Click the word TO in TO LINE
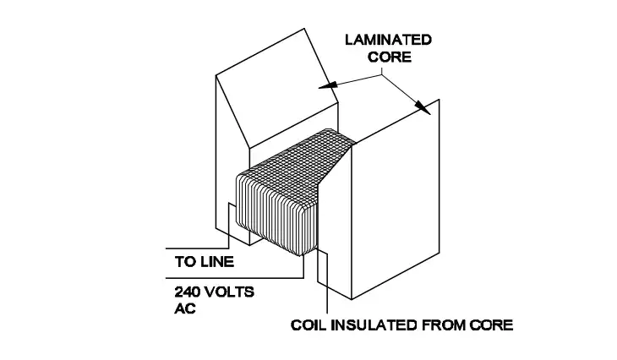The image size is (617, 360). click(x=185, y=262)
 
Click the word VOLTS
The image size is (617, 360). click(x=230, y=292)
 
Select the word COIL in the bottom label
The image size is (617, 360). click(x=307, y=325)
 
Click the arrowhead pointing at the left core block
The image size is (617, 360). click(x=326, y=85)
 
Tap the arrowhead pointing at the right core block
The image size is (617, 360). click(x=420, y=104)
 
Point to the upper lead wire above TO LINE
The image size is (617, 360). click(x=199, y=248)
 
